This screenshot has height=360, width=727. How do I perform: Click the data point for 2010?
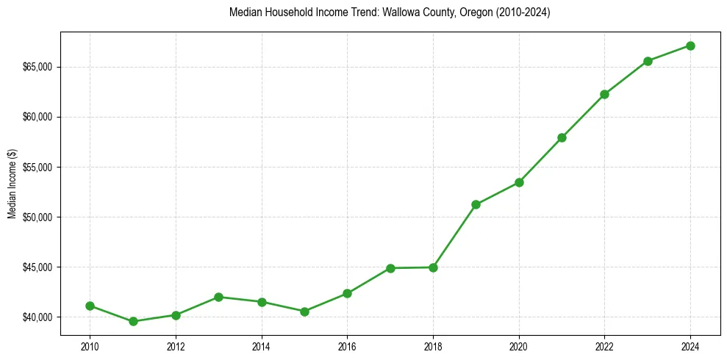(x=90, y=306)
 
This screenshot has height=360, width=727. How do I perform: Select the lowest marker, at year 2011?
(x=133, y=321)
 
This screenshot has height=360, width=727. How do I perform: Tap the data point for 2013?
(x=218, y=297)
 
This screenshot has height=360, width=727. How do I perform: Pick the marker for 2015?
(x=304, y=312)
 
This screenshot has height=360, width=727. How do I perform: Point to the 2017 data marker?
(x=390, y=268)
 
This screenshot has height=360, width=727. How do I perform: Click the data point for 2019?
(x=476, y=204)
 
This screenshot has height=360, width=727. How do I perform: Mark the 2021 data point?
(x=562, y=137)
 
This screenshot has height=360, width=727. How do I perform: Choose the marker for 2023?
(x=648, y=61)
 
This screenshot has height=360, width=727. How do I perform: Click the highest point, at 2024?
(x=690, y=46)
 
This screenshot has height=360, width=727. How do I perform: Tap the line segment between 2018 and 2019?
(x=455, y=236)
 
